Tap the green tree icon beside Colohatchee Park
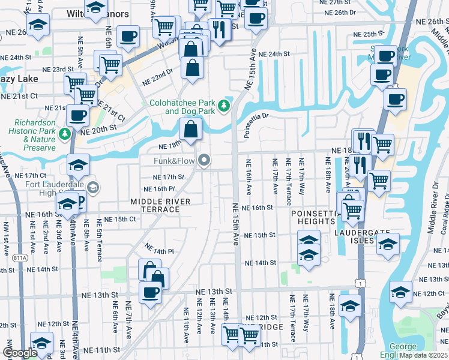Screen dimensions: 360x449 tap(224, 106)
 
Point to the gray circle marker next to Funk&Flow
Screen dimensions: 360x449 tap(205, 160)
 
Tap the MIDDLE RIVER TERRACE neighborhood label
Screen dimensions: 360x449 tap(155, 205)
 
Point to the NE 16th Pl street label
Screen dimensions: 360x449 tap(169, 189)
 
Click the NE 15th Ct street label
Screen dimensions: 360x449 tap(119, 219)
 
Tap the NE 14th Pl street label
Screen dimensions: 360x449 tap(158, 248)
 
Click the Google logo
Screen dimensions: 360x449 tap(19, 353)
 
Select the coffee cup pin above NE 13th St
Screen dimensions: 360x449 tap(150, 292)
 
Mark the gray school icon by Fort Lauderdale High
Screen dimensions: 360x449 tap(93, 188)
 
